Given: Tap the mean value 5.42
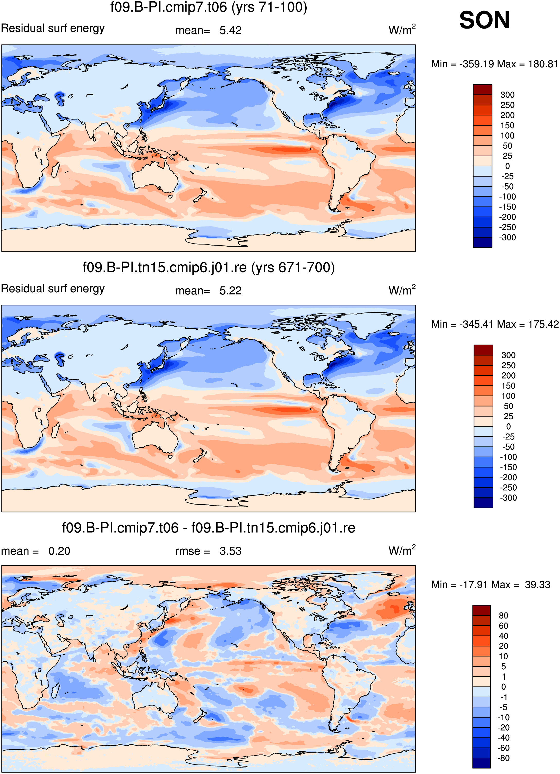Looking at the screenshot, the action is point(231,30).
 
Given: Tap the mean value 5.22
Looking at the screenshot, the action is point(231,291).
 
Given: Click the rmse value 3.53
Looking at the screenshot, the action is point(231,551).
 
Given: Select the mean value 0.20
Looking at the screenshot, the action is point(59,551).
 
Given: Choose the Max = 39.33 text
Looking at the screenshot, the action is point(530,584).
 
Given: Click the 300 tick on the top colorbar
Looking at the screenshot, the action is point(507,95).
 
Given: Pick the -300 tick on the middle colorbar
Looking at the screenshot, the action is point(509,498).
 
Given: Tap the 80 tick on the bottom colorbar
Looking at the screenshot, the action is point(504,616).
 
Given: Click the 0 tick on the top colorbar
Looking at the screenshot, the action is point(507,166).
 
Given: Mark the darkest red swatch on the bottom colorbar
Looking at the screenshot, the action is point(481,610).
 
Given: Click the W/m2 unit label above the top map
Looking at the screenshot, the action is point(402,30).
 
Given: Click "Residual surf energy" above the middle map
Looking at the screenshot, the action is point(53,289).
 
